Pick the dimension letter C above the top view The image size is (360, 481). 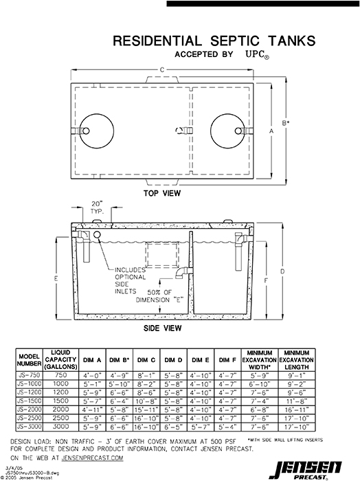coord(162,69)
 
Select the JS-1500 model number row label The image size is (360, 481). coord(31,400)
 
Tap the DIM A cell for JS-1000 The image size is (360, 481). coord(93,383)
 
